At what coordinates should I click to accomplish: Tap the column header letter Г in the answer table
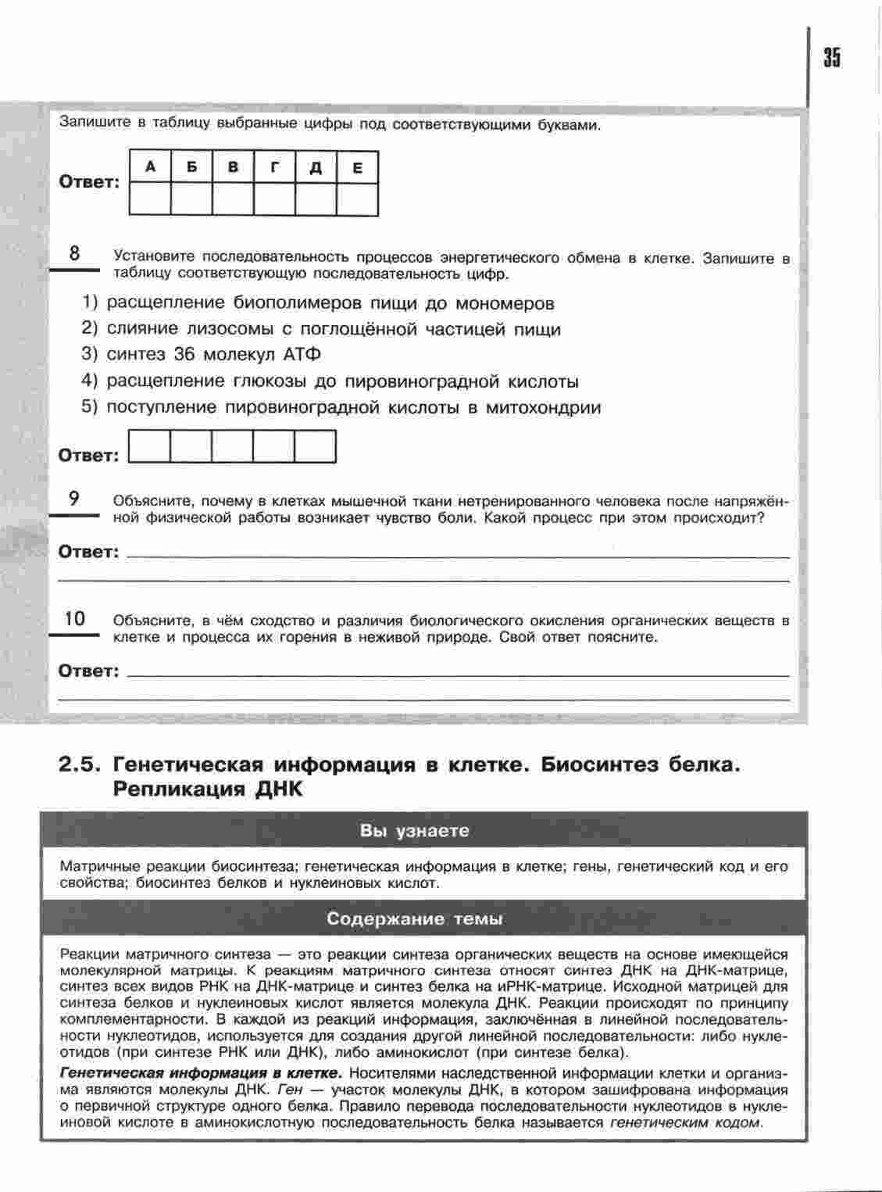tap(274, 166)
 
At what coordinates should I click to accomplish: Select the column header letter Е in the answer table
tap(357, 167)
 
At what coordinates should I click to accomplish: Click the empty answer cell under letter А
tap(149, 199)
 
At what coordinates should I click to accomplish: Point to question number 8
tap(74, 253)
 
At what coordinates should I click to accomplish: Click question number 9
tap(74, 498)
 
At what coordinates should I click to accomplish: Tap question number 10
tap(74, 618)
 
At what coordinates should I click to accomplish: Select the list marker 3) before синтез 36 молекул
tap(90, 354)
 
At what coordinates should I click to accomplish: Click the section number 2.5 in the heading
tap(80, 764)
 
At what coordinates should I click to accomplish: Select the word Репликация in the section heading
tap(179, 789)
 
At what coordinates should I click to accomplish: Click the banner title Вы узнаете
tap(415, 831)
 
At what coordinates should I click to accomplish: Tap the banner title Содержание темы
tap(415, 918)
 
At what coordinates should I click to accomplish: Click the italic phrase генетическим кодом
tap(684, 1122)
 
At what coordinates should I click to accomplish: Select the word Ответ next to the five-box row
tap(88, 456)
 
